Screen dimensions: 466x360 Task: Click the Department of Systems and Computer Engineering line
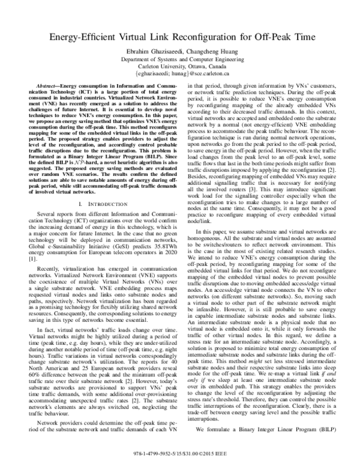[x=179, y=60]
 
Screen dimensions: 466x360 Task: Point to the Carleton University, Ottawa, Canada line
[x=179, y=67]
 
